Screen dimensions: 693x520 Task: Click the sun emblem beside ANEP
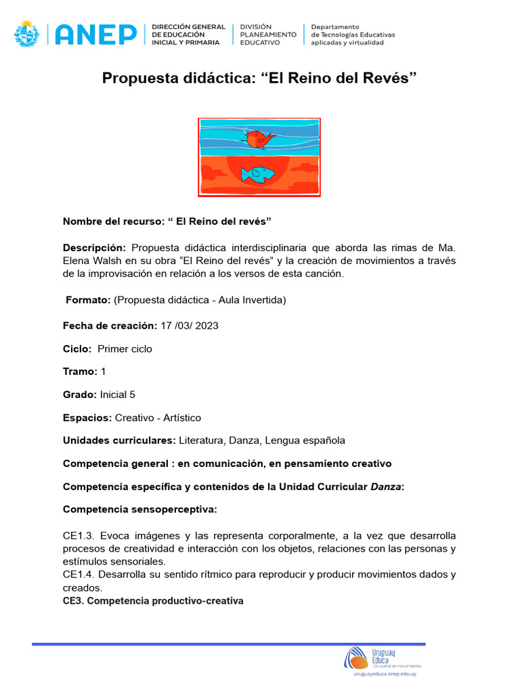point(27,33)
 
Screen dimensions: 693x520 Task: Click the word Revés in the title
point(389,78)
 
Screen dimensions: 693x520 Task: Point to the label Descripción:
point(95,248)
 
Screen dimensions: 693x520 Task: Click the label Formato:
point(88,300)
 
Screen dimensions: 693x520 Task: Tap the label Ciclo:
point(77,349)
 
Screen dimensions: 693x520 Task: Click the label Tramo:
point(81,372)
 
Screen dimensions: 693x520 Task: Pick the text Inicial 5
point(122,395)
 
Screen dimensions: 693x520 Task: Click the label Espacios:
point(87,418)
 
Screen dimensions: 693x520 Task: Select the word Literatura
point(201,441)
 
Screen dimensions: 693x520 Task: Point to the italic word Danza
point(385,487)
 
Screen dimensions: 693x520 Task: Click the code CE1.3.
point(79,536)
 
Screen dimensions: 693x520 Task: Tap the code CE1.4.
point(79,575)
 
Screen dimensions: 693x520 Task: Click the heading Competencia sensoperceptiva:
point(140,509)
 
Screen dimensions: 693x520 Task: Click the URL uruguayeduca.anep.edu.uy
point(385,675)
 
